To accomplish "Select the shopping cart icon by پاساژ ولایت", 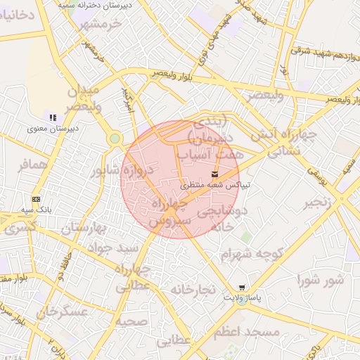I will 243,288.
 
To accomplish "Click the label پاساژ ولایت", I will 242,298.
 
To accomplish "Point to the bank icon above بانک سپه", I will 37,199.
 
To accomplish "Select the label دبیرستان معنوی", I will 53,128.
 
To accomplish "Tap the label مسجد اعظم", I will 247,330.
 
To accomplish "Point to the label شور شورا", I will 321,281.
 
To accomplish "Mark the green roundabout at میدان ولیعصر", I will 114,139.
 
